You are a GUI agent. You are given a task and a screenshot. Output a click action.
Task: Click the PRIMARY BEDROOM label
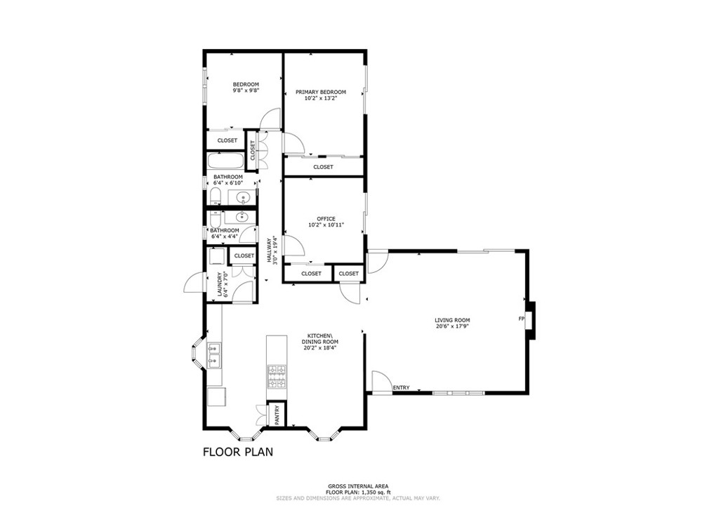pyautogui.click(x=320, y=92)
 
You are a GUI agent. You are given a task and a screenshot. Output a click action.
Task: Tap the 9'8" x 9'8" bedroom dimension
pyautogui.click(x=246, y=91)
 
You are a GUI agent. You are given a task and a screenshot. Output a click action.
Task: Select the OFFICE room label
pyautogui.click(x=325, y=219)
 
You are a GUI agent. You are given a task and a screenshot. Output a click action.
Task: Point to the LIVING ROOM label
pyautogui.click(x=452, y=320)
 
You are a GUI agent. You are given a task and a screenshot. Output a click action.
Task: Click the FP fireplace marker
pyautogui.click(x=521, y=320)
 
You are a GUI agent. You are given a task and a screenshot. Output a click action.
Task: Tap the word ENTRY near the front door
pyautogui.click(x=401, y=388)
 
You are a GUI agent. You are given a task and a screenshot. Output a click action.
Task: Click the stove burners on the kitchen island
pyautogui.click(x=277, y=376)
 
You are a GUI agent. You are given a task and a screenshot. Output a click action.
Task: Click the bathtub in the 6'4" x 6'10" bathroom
pyautogui.click(x=227, y=160)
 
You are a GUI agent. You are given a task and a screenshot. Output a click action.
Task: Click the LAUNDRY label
pyautogui.click(x=220, y=284)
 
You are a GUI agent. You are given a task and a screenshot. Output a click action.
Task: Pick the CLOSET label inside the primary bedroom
pyautogui.click(x=323, y=167)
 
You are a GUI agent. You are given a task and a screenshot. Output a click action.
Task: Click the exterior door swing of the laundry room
pyautogui.click(x=194, y=283)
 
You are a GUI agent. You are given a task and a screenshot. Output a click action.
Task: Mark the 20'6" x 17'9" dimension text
pyautogui.click(x=452, y=326)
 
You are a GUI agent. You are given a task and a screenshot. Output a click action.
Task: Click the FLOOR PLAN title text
pyautogui.click(x=238, y=452)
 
